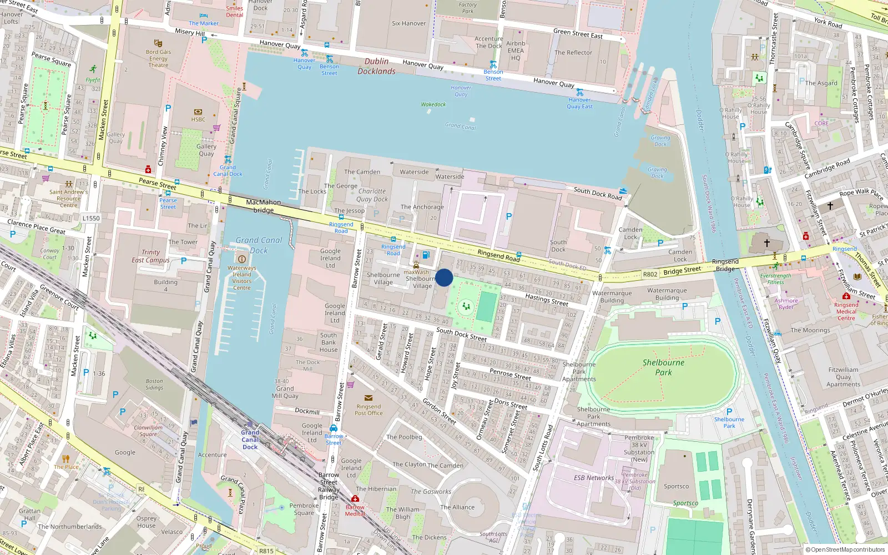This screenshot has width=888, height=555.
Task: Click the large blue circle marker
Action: tap(444, 277)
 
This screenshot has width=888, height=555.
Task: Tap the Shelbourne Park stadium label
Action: tap(663, 367)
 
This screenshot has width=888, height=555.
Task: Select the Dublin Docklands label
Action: tap(376, 66)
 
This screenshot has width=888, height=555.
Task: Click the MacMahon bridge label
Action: tap(263, 206)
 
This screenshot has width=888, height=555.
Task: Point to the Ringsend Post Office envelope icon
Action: tap(369, 398)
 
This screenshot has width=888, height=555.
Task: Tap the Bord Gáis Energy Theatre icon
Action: tap(158, 43)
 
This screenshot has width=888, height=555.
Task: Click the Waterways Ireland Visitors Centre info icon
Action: tap(241, 259)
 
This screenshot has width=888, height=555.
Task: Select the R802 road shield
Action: tap(650, 274)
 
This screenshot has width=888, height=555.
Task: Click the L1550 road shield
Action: tap(91, 218)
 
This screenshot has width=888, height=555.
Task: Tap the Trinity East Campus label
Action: tap(150, 256)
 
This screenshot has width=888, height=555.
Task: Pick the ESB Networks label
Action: tap(593, 478)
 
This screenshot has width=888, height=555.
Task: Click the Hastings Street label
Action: tap(547, 300)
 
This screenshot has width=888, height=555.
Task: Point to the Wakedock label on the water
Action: tap(433, 104)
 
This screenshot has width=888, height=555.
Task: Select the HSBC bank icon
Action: tap(198, 112)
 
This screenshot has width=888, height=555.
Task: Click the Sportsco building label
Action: tap(676, 487)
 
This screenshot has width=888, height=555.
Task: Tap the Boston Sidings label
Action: tap(154, 384)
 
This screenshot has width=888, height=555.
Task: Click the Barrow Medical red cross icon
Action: tap(355, 499)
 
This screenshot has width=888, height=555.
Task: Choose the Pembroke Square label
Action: tap(304, 509)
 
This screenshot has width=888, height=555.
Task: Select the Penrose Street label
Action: tap(510, 374)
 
